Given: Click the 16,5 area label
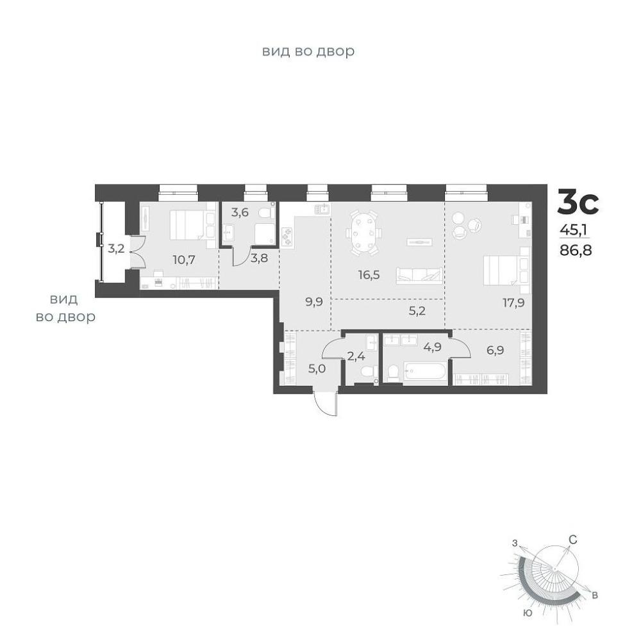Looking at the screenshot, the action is point(369,275).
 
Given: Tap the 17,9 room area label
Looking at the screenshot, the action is point(513,303).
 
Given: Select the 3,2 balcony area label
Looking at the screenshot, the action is point(115,248).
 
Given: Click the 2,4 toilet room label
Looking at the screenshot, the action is point(356,356).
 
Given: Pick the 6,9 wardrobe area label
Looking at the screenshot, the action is point(495,350).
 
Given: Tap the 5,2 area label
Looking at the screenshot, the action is point(417,311).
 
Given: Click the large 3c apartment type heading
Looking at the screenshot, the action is point(578,201).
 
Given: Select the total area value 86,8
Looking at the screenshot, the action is point(576,250).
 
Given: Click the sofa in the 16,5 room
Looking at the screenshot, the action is point(419,276).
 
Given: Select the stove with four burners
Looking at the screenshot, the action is point(287,237).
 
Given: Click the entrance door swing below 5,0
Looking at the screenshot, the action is point(326,404).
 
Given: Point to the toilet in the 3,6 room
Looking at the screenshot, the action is point(266,213).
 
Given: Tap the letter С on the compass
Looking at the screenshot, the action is point(573,540).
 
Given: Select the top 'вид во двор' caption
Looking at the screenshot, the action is point(308,51).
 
